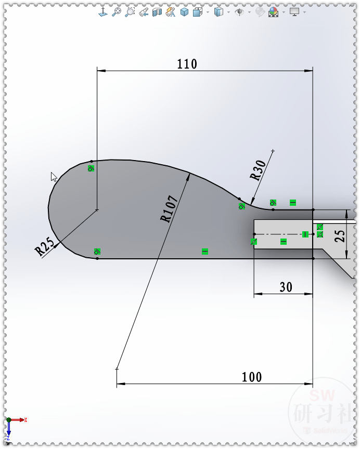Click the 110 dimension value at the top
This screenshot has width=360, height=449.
pos(187,64)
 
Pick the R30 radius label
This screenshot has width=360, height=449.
pos(258,170)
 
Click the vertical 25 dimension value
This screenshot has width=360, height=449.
pos(340,236)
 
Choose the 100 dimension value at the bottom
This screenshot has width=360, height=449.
pos(252,377)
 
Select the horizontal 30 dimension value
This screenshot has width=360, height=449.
pos(286,287)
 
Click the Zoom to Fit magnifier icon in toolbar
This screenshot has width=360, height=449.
pos(117,11)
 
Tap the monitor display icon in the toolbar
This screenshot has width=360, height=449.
pos(295,11)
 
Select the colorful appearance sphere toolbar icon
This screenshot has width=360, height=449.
pos(273,12)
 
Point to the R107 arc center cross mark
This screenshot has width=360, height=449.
pos(117,369)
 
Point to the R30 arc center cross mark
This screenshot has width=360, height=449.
pos(273,151)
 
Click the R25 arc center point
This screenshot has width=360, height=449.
pos(97,209)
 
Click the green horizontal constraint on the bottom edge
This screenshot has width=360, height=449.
pos(204,252)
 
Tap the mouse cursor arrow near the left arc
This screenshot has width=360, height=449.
pos(54,176)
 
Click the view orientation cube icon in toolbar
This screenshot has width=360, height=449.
pos(184,11)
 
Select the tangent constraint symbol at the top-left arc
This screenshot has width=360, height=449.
pos(91,168)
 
